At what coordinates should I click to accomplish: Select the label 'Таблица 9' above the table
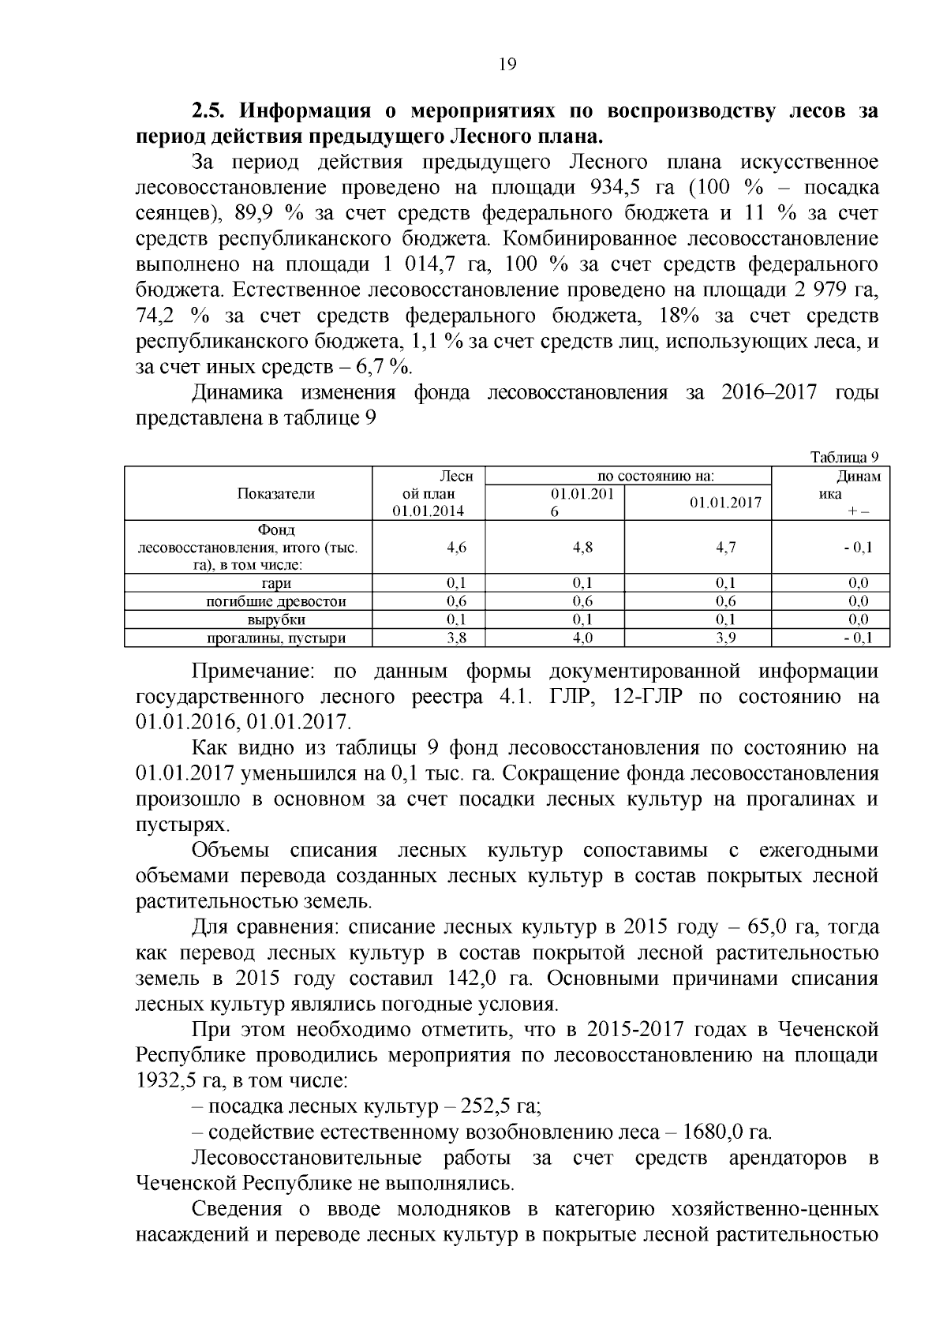(x=844, y=458)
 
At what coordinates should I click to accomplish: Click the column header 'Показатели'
(x=276, y=494)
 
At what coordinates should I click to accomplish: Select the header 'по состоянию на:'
(x=656, y=477)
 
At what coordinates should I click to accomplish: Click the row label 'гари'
(x=276, y=583)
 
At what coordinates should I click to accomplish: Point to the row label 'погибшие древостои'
(x=276, y=601)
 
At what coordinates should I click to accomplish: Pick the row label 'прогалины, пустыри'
(x=276, y=638)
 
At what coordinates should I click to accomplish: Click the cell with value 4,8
(x=583, y=547)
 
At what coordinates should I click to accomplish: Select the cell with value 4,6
(x=456, y=547)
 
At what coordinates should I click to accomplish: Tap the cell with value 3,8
(x=456, y=638)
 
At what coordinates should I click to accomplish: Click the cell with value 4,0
(x=583, y=638)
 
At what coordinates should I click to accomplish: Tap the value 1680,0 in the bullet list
(x=713, y=1132)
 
